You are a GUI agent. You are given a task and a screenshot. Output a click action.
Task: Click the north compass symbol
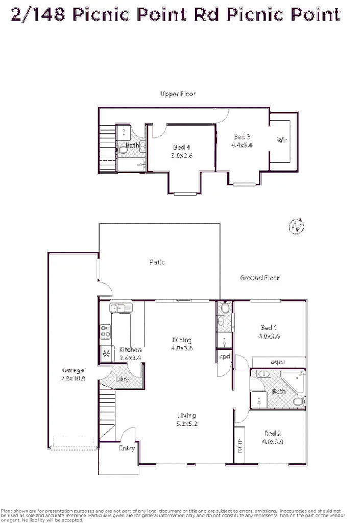(296, 227)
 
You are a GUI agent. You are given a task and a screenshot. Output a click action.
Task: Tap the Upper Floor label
(178, 94)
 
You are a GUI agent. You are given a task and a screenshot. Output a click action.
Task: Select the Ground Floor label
(259, 278)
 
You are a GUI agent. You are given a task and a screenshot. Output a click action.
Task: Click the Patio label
(157, 262)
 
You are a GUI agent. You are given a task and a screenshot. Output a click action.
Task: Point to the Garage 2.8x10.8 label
(73, 374)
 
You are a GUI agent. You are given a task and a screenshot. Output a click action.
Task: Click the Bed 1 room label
(269, 332)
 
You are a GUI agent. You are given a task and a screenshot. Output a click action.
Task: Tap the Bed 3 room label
(242, 140)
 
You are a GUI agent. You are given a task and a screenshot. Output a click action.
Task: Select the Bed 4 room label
(182, 151)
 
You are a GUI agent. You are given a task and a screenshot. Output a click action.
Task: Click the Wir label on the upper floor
(281, 140)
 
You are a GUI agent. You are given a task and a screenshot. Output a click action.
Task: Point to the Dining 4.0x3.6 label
(182, 344)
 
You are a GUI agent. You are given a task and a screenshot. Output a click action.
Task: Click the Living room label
(186, 419)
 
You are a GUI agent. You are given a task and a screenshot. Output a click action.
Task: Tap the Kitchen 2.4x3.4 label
(130, 353)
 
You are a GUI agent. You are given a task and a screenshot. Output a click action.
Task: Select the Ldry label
(122, 379)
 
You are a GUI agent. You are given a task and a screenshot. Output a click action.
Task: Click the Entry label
(127, 448)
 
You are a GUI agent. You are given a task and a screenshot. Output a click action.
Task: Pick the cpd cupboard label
(225, 356)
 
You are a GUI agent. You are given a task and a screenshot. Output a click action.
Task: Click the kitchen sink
(121, 307)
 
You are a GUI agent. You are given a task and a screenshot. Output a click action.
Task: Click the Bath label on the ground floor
(279, 392)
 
